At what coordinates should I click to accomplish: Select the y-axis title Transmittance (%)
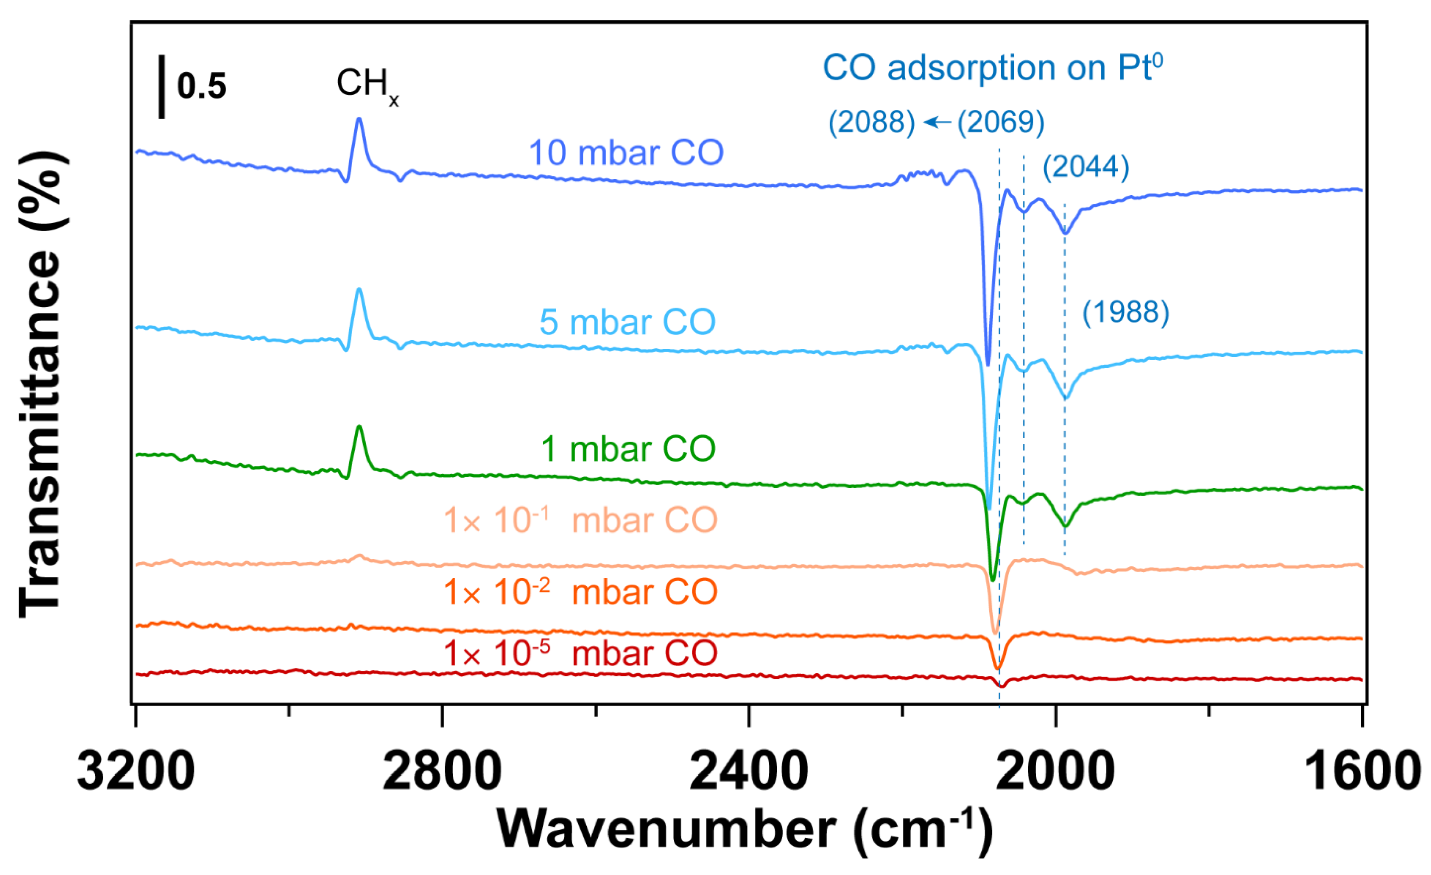pyautogui.click(x=41, y=383)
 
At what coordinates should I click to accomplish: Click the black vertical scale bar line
pyautogui.click(x=161, y=87)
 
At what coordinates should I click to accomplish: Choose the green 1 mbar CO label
pyautogui.click(x=628, y=449)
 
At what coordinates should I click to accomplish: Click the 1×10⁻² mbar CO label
pyautogui.click(x=580, y=591)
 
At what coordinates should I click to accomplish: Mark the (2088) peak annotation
pyautogui.click(x=871, y=122)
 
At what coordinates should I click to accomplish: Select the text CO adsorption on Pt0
pyautogui.click(x=992, y=69)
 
